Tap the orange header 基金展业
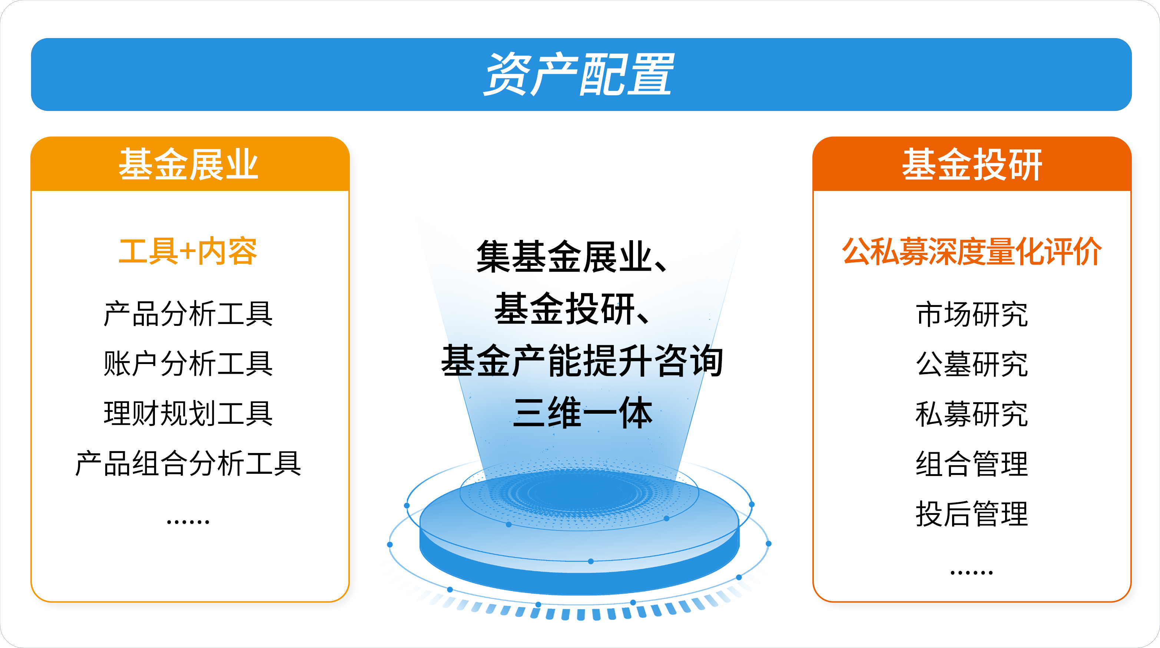(189, 164)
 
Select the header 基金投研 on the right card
(972, 164)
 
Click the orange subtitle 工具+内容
(188, 251)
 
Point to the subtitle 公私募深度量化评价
(972, 251)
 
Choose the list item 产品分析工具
(188, 313)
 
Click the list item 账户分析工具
(188, 363)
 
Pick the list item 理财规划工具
(188, 413)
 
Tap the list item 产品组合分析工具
(188, 463)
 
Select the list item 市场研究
(972, 314)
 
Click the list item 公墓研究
(972, 364)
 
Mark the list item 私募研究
(972, 414)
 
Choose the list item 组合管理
(972, 464)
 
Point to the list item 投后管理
(972, 514)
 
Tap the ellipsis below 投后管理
(972, 573)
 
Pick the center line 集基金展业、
(573, 256)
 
